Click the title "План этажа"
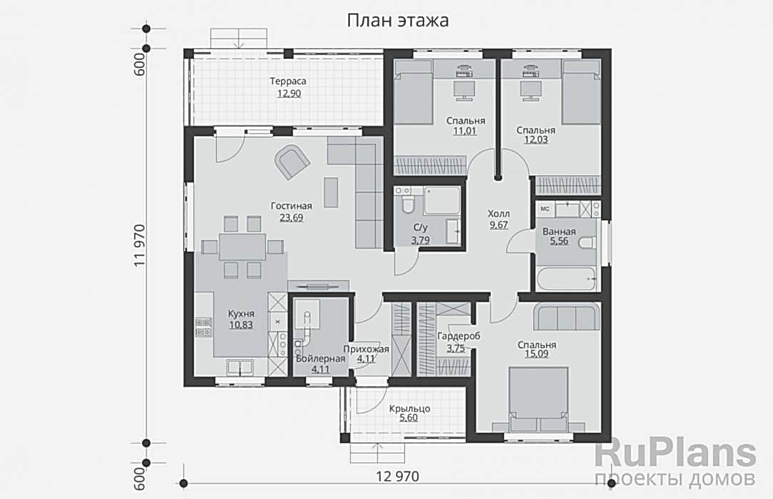(x=398, y=21)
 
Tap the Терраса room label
(x=288, y=81)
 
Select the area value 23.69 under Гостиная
(x=292, y=217)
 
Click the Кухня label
(x=241, y=314)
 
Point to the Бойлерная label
(x=320, y=359)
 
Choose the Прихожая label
(x=367, y=349)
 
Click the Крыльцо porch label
(x=409, y=408)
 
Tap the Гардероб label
(x=459, y=336)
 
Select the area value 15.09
(x=536, y=354)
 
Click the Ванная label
(x=559, y=232)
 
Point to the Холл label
(x=499, y=214)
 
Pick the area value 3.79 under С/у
(x=421, y=240)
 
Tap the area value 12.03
(x=536, y=140)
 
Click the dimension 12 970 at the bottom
(x=397, y=476)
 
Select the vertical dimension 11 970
(x=140, y=246)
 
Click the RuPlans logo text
(x=676, y=453)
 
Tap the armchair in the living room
(x=292, y=160)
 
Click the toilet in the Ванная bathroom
(x=587, y=242)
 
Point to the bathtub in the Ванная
(x=567, y=279)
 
